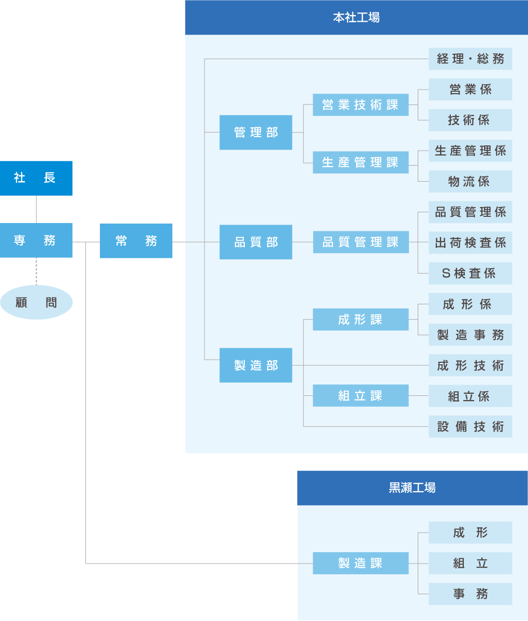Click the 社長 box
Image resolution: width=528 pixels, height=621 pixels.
tap(36, 178)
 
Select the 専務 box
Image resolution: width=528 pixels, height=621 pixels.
tap(36, 240)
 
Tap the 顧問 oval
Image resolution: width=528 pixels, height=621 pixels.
tap(36, 302)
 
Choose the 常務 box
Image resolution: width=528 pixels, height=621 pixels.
tap(136, 241)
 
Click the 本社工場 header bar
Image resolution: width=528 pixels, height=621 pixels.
tap(356, 18)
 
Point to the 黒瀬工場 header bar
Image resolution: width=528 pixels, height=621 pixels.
tap(412, 487)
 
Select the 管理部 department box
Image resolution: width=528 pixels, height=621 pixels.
tap(256, 132)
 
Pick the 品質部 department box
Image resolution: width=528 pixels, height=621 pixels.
tap(256, 242)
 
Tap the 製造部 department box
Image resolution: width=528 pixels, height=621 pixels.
tap(256, 365)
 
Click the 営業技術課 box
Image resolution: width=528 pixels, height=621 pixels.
tap(360, 105)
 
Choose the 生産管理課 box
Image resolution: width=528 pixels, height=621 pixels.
tap(360, 162)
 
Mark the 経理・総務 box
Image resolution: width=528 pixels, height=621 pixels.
tap(470, 59)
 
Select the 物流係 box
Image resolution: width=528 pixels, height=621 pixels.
tap(470, 182)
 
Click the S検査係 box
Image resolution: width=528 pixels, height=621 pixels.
tap(470, 273)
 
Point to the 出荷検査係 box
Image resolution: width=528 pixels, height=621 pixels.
tap(470, 243)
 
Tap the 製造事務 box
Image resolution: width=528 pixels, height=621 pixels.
tap(470, 335)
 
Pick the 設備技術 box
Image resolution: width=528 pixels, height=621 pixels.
tap(470, 427)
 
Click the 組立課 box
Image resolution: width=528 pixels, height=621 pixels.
tap(360, 396)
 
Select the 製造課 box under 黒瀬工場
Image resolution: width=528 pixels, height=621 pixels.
tap(360, 563)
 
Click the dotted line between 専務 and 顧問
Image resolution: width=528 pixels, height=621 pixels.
tap(36, 271)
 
